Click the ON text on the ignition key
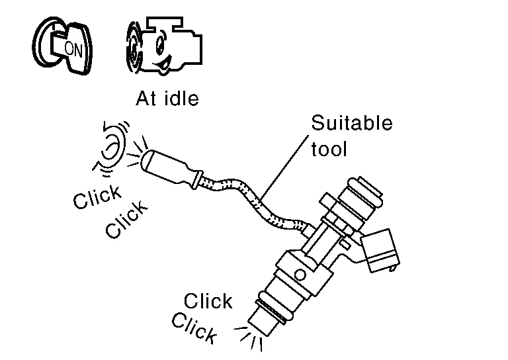coord(72,47)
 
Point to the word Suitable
coord(351,124)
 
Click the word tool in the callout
coord(329,149)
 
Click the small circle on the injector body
coord(300,273)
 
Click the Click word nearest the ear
coord(97,197)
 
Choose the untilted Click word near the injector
coord(208,302)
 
